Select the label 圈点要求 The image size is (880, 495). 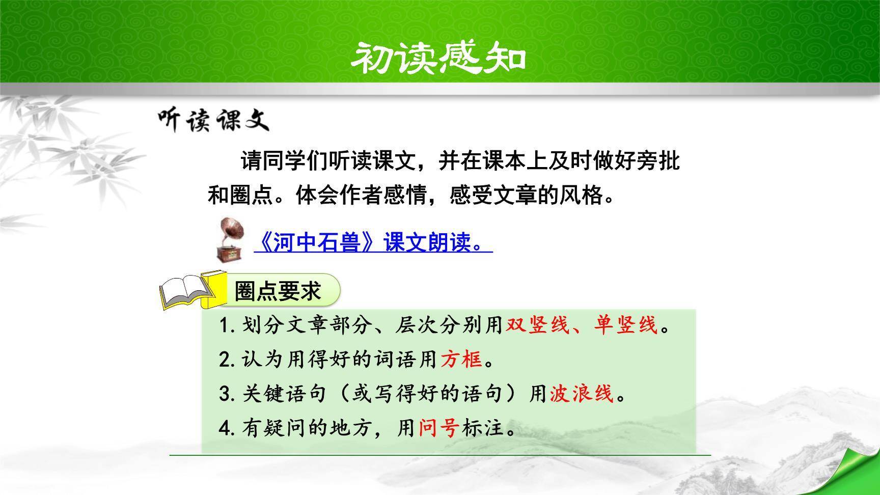pos(278,292)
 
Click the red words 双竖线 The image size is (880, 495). pos(537,325)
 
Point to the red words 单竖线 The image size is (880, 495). pos(626,325)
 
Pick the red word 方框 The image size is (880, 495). pos(461,360)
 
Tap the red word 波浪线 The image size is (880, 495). pos(582,394)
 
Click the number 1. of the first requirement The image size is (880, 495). pos(228,325)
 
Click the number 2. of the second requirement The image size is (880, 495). pos(228,360)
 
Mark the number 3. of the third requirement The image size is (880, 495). pos(228,394)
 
